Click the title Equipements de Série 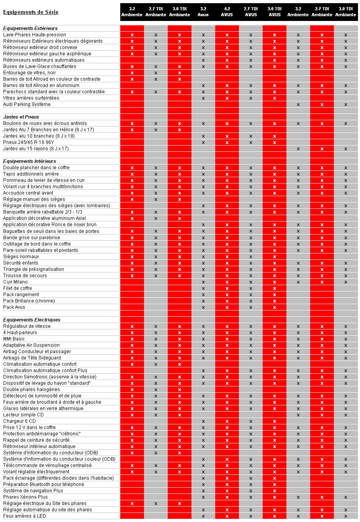[x=31, y=12]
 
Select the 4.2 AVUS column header [x=227, y=12]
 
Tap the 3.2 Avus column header [x=203, y=12]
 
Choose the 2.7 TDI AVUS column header [x=251, y=12]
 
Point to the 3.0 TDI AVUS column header [x=275, y=12]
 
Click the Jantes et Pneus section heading [x=21, y=117]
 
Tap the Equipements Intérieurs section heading [x=30, y=161]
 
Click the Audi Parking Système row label [x=27, y=104]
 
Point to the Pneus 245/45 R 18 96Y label [x=28, y=142]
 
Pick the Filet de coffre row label [x=17, y=288]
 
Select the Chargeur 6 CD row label [x=19, y=421]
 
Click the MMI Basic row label [x=14, y=339]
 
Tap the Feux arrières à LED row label [x=24, y=516]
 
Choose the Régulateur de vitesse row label [x=27, y=326]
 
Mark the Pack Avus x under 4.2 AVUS [x=227, y=307]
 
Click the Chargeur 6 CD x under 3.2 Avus [x=203, y=421]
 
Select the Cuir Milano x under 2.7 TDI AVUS [x=251, y=282]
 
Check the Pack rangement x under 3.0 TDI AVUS [x=275, y=295]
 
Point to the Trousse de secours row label [x=25, y=276]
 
